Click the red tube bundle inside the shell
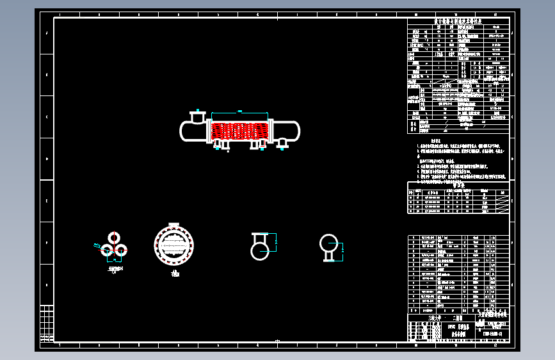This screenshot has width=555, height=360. [239, 130]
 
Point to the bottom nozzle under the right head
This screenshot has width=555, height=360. [282, 147]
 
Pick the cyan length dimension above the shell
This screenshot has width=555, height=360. [239, 111]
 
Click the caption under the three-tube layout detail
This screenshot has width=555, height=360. [115, 270]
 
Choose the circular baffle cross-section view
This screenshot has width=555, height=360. [173, 244]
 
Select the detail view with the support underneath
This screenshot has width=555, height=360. [329, 246]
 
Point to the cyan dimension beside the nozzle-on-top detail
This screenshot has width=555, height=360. [276, 241]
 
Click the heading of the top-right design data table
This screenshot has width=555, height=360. [458, 22]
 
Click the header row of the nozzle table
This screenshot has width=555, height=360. [458, 191]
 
